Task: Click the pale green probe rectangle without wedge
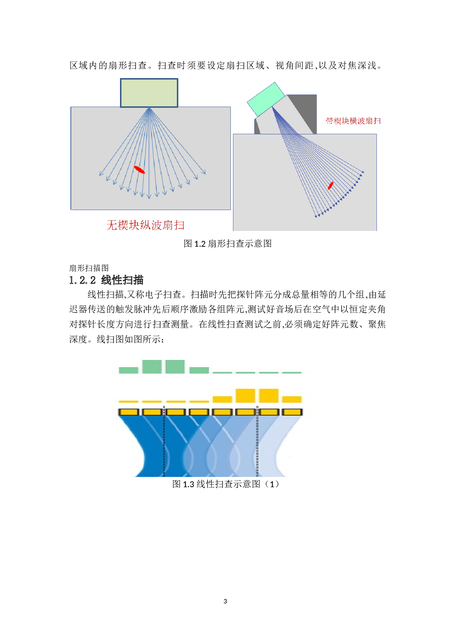[x=149, y=93]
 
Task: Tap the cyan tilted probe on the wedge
[x=266, y=99]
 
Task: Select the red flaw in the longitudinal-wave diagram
[x=139, y=169]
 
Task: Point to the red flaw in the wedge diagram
[x=330, y=185]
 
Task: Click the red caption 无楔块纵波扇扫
[x=145, y=225]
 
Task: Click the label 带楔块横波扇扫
[x=353, y=121]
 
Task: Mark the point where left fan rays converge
[x=149, y=108]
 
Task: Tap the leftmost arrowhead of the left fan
[x=100, y=174]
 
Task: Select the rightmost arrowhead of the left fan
[x=204, y=173]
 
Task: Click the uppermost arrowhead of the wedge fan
[x=363, y=172]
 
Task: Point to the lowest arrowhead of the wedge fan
[x=316, y=216]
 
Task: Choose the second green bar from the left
[x=152, y=367]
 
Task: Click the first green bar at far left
[x=128, y=370]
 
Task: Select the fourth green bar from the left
[x=199, y=370]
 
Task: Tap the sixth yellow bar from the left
[x=245, y=396]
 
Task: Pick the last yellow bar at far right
[x=292, y=399]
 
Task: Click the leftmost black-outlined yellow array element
[x=128, y=412]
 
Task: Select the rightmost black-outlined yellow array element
[x=292, y=412]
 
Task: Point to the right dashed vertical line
[x=257, y=444]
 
